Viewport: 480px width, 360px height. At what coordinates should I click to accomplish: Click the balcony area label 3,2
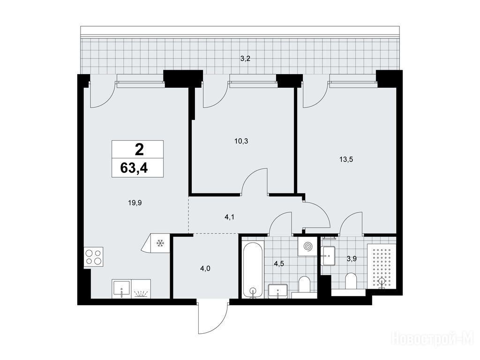[245, 59]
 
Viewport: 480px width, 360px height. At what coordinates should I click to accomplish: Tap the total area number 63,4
[134, 168]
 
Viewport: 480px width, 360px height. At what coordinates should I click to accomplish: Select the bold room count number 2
[139, 150]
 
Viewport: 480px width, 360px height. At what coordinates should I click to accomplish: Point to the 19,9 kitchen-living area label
[135, 202]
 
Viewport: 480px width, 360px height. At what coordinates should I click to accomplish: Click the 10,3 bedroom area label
[241, 141]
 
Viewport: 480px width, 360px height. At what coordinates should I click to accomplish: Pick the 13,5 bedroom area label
[346, 159]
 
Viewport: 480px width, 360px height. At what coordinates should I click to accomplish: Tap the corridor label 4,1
[230, 217]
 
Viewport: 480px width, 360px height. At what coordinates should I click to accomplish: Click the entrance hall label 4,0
[205, 269]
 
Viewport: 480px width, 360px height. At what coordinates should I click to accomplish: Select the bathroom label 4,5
[279, 264]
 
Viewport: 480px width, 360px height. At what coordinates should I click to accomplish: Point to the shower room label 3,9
[352, 259]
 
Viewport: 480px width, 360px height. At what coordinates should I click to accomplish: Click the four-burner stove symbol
[93, 257]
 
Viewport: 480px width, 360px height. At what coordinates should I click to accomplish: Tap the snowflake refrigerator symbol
[160, 243]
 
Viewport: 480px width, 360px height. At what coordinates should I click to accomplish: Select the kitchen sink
[121, 289]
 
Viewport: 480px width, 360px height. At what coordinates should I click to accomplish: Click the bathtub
[253, 270]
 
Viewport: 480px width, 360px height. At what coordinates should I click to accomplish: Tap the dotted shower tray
[382, 266]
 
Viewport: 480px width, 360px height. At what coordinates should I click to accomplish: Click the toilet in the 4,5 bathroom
[304, 285]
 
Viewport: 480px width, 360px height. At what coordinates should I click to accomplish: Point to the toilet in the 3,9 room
[350, 281]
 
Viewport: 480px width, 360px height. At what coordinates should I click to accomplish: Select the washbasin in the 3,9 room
[329, 255]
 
